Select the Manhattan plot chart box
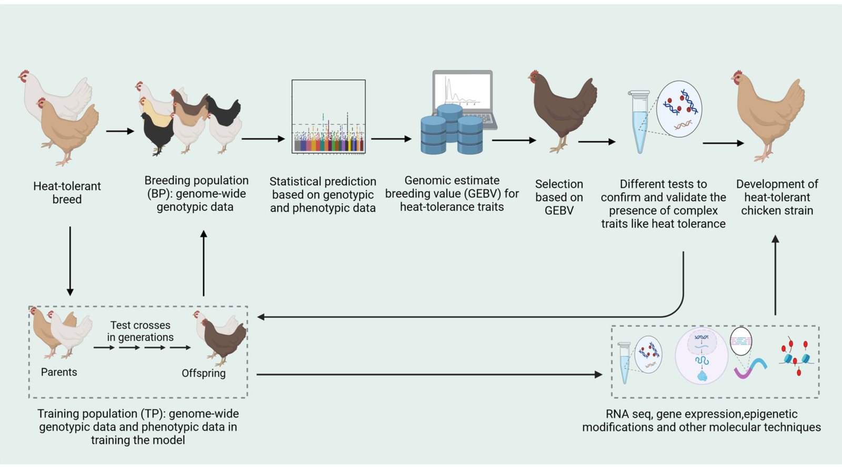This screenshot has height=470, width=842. pos(328,117)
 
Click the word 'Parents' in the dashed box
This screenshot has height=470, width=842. pos(59,372)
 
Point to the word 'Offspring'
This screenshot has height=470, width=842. pos(204,373)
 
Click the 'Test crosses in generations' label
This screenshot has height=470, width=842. pos(140,331)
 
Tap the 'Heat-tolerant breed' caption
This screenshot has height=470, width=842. pos(67,192)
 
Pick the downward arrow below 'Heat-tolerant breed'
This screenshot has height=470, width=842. pos(70,261)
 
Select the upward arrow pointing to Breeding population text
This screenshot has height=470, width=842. pos(204,263)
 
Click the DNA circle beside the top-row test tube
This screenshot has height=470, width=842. pos(679,109)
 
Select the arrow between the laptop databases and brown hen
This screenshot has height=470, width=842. pos(514,140)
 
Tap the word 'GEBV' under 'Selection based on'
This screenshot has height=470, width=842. pos(559,211)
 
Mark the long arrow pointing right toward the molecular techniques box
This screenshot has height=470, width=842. pos(429,374)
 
